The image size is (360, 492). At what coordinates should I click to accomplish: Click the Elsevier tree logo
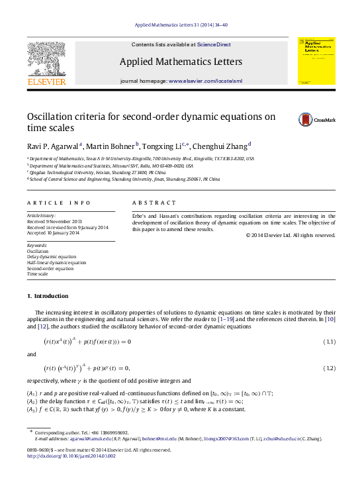click(46, 62)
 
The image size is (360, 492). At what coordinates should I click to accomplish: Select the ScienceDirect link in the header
click(214, 44)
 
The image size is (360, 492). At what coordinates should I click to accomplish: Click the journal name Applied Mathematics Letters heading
click(180, 62)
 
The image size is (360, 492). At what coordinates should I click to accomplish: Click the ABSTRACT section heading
click(154, 202)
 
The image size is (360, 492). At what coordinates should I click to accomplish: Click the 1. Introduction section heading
click(47, 295)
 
